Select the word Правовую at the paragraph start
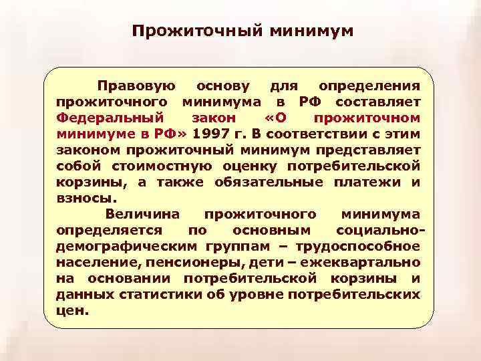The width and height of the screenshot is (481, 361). (136, 86)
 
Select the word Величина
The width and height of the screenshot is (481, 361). (140, 214)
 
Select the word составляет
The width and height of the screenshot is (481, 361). (378, 102)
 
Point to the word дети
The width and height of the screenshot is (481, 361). (298, 261)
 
